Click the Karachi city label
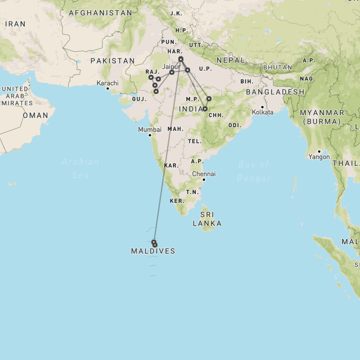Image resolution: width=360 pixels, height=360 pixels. pyautogui.click(x=107, y=83)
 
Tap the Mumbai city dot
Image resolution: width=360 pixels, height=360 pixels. pyautogui.click(x=150, y=135)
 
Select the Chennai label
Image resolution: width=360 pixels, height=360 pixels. pyautogui.click(x=204, y=174)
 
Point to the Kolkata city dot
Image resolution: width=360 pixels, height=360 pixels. pyautogui.click(x=262, y=106)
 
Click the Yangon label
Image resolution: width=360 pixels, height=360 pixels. pyautogui.click(x=318, y=157)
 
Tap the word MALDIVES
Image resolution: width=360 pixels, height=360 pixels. pyautogui.click(x=153, y=251)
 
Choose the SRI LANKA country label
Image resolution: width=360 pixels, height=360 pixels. pyautogui.click(x=207, y=218)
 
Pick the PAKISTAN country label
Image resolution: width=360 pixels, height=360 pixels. pyautogui.click(x=112, y=61)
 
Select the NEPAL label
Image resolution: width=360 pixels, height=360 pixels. pyautogui.click(x=231, y=60)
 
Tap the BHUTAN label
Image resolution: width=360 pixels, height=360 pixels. pyautogui.click(x=277, y=67)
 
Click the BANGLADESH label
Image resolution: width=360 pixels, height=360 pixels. pyautogui.click(x=274, y=92)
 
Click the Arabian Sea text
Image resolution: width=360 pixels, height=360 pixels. pyautogui.click(x=80, y=168)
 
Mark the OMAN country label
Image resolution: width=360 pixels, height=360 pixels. pyautogui.click(x=35, y=115)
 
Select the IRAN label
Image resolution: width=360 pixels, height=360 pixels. pyautogui.click(x=15, y=24)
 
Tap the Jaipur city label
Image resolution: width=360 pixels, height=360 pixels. pyautogui.click(x=170, y=66)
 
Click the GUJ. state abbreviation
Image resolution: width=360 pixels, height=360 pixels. pyautogui.click(x=139, y=98)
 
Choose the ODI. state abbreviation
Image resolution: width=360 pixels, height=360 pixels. pyautogui.click(x=235, y=125)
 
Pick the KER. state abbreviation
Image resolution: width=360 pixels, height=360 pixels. pyautogui.click(x=177, y=201)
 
